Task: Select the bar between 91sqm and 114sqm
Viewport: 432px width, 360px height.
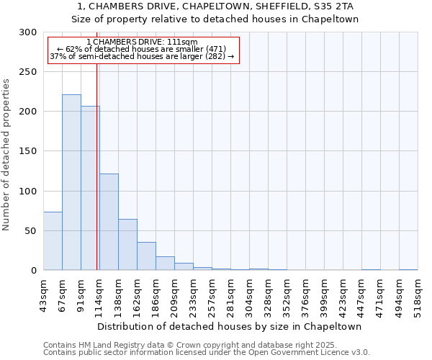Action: tap(90, 188)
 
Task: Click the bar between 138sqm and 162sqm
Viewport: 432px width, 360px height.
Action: tap(127, 245)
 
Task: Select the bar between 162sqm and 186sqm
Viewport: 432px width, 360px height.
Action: tap(146, 256)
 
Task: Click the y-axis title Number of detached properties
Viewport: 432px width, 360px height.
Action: tap(7, 155)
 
